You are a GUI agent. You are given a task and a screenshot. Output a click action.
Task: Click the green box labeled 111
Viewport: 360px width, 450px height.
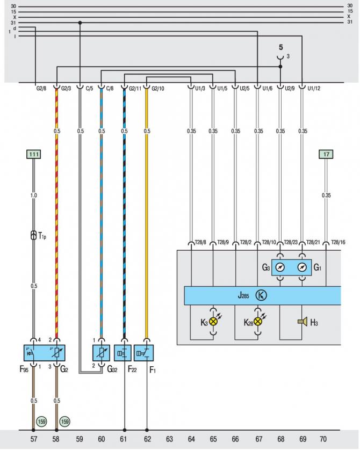34,154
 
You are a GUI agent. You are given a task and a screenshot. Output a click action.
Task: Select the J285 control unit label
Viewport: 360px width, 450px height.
244,295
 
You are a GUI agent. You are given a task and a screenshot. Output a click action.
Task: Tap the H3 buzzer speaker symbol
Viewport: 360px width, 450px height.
302,322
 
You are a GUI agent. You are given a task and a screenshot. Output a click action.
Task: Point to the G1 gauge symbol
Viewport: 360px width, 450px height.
303,267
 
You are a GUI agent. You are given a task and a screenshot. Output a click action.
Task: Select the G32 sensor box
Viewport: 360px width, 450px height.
101,353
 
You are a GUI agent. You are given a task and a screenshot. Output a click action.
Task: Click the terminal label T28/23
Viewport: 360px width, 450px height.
291,242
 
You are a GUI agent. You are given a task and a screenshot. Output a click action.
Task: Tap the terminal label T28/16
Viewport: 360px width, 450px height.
338,242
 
